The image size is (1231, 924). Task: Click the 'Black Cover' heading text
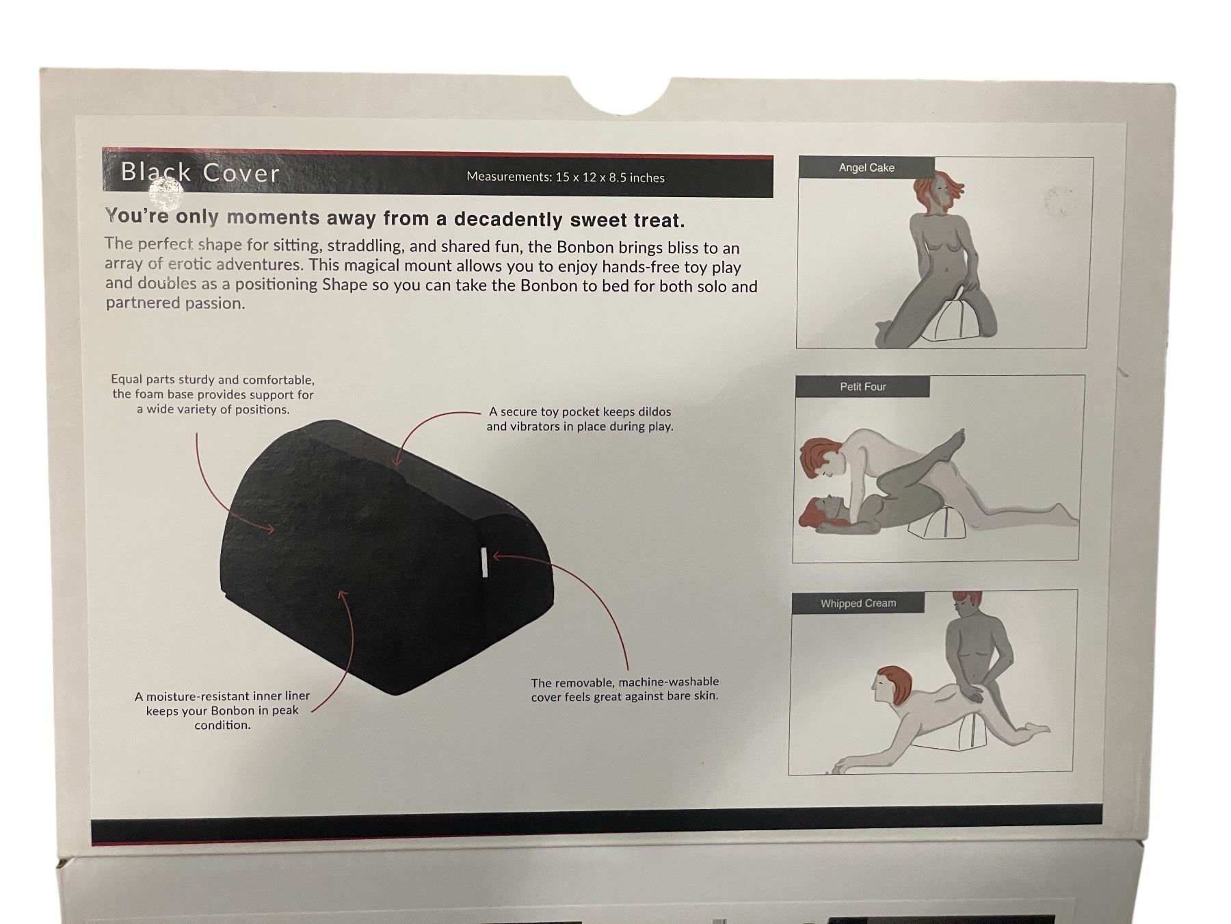[x=200, y=172]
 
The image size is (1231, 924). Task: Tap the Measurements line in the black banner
[x=566, y=177]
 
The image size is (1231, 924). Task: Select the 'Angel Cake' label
[x=866, y=168]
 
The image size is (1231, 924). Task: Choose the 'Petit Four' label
[x=863, y=387]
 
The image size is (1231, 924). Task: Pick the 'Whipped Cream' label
[x=858, y=603]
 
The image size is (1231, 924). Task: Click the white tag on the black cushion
[x=485, y=562]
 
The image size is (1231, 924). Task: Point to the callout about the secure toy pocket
[x=580, y=419]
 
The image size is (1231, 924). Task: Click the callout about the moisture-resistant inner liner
[x=222, y=710]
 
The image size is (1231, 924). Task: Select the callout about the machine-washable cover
[x=625, y=689]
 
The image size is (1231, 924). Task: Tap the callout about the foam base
[x=213, y=394]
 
